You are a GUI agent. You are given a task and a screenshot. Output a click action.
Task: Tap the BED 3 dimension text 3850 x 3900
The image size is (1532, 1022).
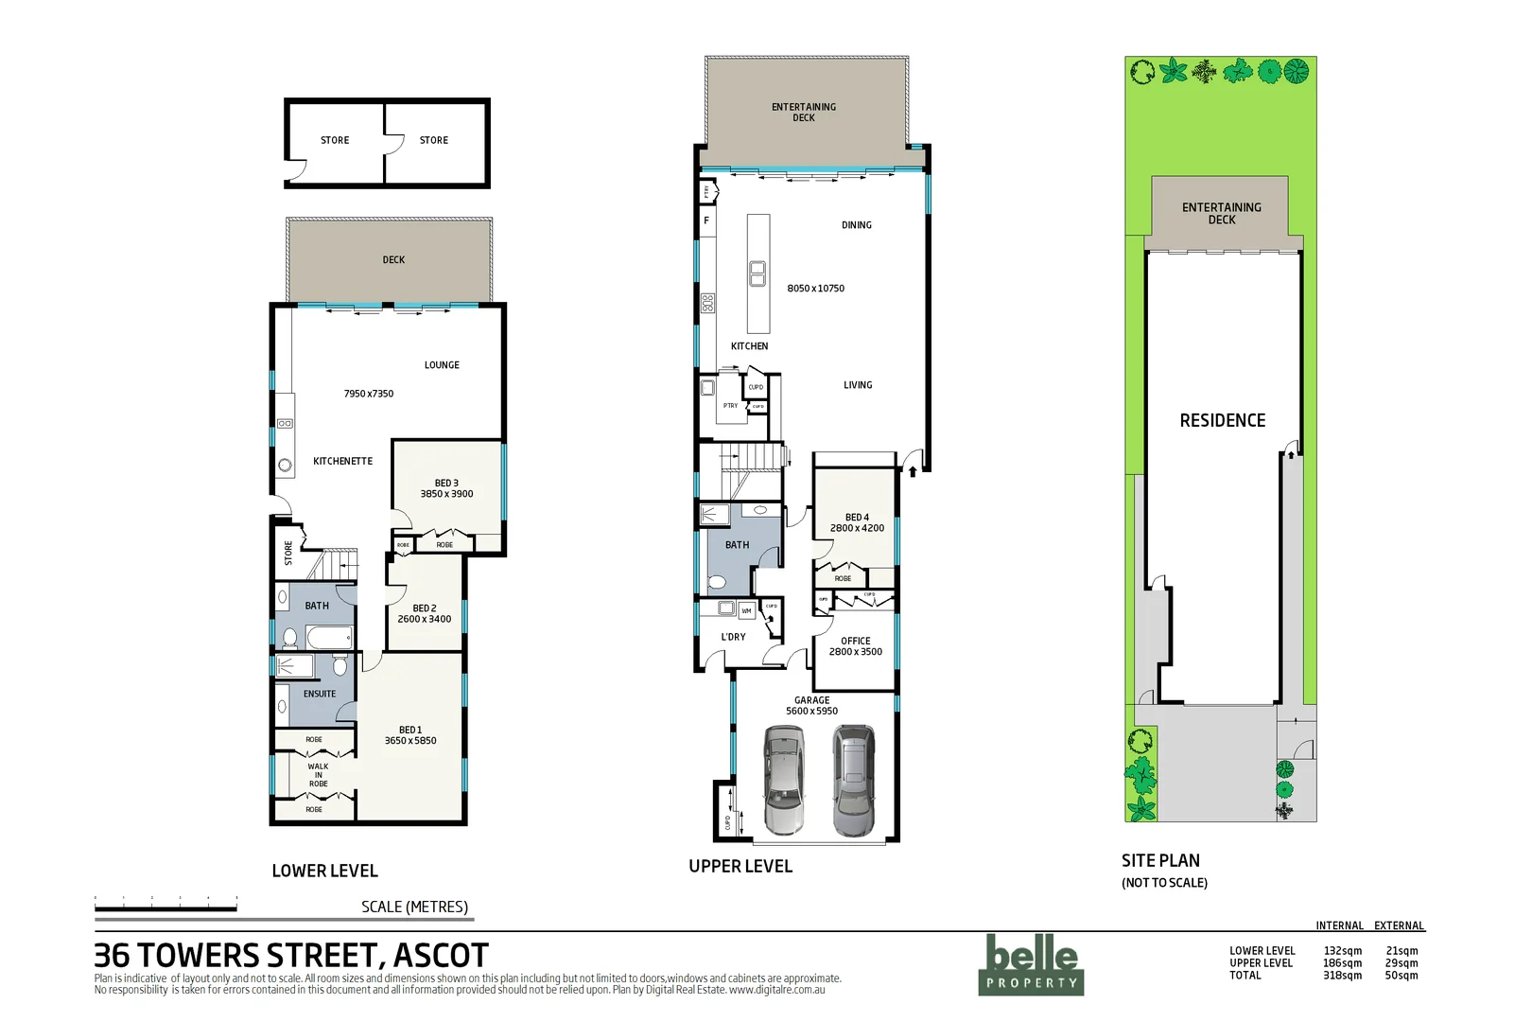[446, 494]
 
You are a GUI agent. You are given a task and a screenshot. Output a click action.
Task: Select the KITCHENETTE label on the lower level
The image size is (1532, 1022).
[342, 462]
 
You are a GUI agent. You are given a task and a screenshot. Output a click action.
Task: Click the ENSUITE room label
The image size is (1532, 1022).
[320, 694]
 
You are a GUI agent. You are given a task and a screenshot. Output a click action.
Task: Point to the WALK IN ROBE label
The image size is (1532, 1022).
[318, 775]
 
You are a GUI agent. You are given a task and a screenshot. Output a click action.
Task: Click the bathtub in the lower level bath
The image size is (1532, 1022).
[329, 638]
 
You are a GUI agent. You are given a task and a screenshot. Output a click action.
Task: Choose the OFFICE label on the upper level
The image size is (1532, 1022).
[856, 641]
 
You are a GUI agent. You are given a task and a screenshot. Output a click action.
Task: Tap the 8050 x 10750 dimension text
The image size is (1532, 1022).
[815, 289]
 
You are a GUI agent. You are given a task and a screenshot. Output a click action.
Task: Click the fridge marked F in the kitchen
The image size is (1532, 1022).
[706, 221]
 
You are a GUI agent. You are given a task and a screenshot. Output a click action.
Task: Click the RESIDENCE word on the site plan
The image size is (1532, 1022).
[1222, 421]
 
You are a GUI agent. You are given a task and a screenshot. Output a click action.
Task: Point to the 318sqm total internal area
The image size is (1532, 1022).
[1342, 976]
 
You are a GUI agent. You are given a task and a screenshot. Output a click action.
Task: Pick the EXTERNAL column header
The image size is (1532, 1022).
[1399, 925]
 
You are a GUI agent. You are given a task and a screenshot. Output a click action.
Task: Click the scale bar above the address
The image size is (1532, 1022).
[165, 908]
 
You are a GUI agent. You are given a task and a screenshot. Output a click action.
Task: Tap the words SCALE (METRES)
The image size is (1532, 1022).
[414, 907]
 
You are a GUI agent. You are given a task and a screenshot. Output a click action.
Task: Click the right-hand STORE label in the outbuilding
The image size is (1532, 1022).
[434, 140]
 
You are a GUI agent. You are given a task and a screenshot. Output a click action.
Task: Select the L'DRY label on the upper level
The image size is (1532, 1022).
[733, 637]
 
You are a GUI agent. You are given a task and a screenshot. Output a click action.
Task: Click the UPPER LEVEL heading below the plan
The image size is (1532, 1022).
[740, 866]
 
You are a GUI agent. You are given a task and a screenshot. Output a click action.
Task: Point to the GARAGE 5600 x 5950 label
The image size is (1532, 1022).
[811, 706]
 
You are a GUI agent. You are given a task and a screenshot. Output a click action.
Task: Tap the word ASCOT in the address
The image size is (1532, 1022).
[441, 956]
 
